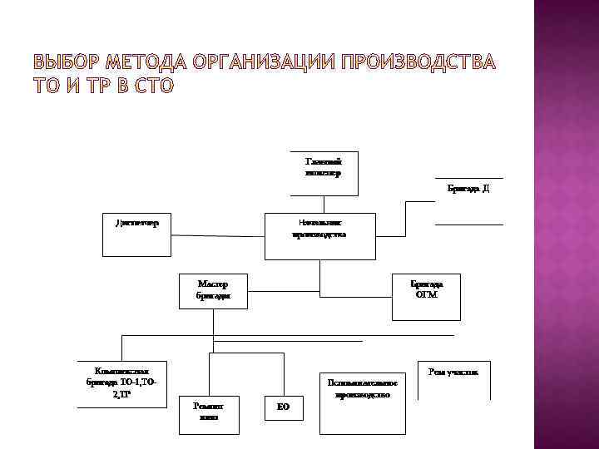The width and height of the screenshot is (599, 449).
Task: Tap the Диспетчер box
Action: coord(136,223)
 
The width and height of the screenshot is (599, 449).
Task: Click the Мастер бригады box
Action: coord(213,290)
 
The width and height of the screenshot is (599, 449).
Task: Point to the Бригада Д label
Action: coord(468,189)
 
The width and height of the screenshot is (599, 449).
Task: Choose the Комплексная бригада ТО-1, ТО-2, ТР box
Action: coord(120,383)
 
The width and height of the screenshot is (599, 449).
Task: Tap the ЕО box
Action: coord(283,407)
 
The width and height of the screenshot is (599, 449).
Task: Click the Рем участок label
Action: coord(453,372)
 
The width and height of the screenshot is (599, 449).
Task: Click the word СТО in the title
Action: coord(152,86)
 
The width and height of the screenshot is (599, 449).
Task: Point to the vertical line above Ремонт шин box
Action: coord(209,375)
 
